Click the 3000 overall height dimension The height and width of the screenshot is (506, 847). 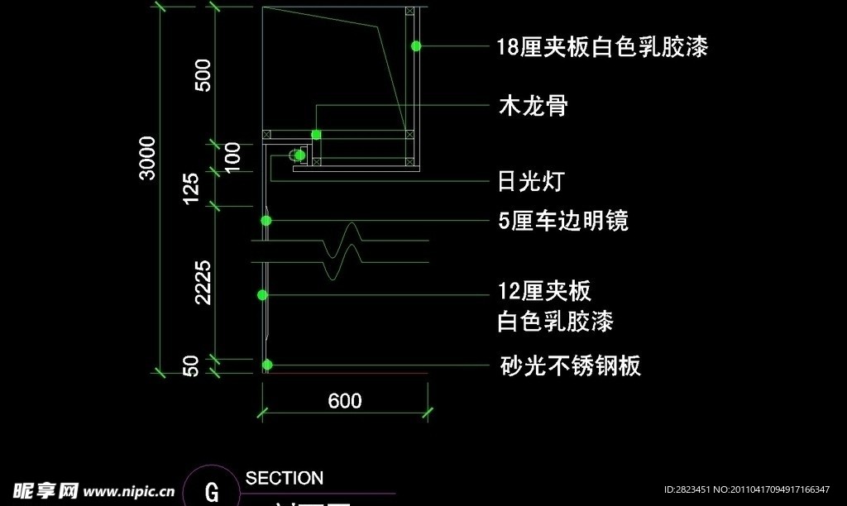[146, 157]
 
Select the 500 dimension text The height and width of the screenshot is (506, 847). [203, 74]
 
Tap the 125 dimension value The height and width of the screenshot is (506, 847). [191, 189]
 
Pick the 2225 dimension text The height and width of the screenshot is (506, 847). [203, 282]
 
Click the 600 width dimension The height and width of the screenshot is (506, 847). [345, 401]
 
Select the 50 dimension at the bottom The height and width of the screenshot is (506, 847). [191, 366]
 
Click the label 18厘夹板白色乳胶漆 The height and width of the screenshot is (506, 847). [602, 47]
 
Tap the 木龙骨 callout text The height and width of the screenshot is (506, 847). [533, 106]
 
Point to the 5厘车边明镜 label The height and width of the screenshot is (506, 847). [563, 221]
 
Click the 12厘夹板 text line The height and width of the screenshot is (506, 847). [544, 291]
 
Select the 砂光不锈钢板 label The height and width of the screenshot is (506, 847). [570, 365]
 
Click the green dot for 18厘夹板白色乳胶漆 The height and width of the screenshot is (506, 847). [417, 46]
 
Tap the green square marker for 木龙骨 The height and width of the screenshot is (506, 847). [316, 134]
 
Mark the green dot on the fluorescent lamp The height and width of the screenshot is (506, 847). [300, 155]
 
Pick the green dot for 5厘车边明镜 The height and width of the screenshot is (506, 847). [266, 221]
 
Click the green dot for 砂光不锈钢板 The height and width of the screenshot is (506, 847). [267, 365]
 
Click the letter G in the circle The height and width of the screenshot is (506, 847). [212, 493]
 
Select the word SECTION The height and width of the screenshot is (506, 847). [285, 478]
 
